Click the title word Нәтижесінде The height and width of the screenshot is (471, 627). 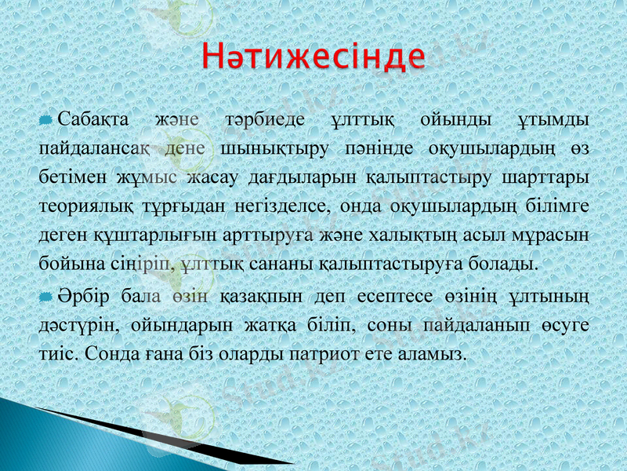[x=313, y=57]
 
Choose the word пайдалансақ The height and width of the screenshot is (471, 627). [x=93, y=148]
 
